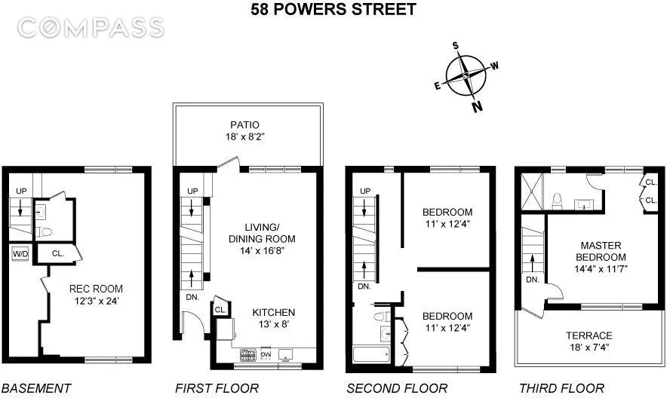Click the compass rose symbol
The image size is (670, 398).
pos(467,75)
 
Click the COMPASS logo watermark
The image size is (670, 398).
pos(90,29)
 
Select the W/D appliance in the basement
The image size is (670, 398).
pos(19,254)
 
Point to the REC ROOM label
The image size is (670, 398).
pos(95,289)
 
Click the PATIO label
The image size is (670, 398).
pos(246,125)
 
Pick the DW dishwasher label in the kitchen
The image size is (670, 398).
pos(265,353)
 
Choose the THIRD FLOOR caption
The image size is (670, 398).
pos(561,389)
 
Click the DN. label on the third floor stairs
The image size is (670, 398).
pos(532,279)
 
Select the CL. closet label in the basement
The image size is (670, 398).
pos(57,254)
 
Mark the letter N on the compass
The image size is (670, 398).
pos(477,106)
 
